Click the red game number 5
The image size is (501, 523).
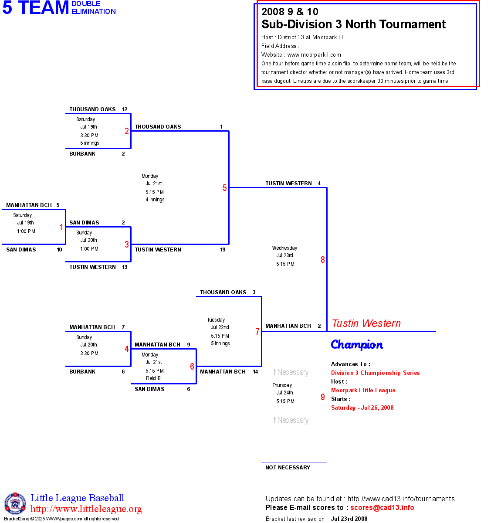pos(225,188)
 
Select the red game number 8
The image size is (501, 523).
pos(323,260)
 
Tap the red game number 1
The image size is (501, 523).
pos(61,227)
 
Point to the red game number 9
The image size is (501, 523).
pos(323,397)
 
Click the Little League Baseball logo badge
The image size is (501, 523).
pos(15,503)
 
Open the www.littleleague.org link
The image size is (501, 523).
pos(86,509)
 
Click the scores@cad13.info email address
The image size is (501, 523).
pos(382,507)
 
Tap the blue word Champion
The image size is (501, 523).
pos(357,345)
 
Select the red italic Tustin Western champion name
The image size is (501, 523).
pos(366,323)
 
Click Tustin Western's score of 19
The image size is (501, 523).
pos(223,250)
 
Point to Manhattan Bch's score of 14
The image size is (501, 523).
pos(255,372)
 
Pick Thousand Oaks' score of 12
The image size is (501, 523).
pos(125,109)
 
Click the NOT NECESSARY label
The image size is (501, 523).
pos(288,468)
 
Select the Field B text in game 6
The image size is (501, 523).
pos(153,378)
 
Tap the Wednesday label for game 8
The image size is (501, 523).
pos(284,248)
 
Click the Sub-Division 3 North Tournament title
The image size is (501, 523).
pos(353,24)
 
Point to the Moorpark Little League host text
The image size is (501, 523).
pos(363,391)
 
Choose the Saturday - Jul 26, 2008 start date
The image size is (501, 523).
pos(362,408)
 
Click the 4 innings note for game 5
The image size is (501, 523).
pos(155,200)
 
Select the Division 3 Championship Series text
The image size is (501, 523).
pos(375,373)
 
